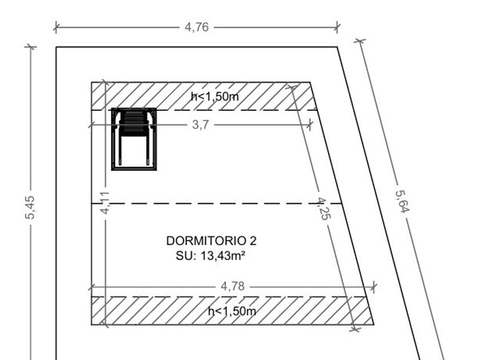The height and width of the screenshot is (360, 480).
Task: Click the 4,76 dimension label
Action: coord(197,27)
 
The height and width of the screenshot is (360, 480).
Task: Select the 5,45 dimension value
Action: coord(30,207)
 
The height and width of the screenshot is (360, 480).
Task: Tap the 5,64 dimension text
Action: coord(402,201)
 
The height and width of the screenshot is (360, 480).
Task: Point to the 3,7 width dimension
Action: coord(201,125)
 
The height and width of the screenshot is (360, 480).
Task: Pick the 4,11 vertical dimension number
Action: coord(105,203)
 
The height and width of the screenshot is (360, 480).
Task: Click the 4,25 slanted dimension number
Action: coord(324,209)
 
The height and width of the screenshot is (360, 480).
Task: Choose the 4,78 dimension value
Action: coord(233,286)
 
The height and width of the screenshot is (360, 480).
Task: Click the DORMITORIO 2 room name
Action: coord(211,241)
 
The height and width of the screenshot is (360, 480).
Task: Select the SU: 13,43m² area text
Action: coord(211,255)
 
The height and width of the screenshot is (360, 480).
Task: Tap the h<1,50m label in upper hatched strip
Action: coord(215,97)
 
